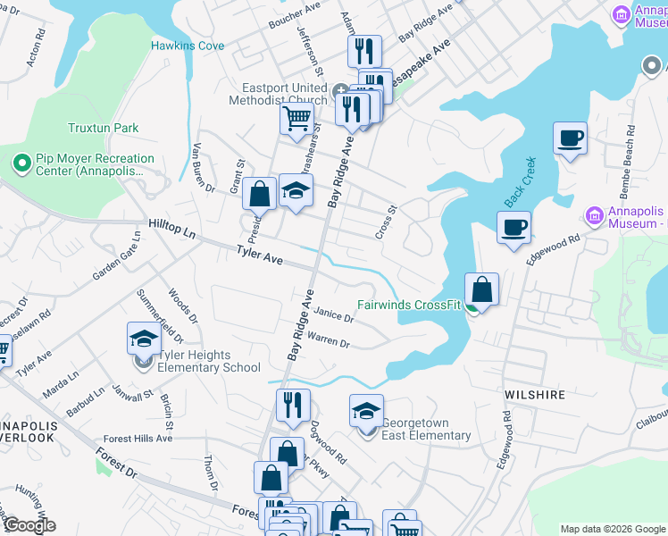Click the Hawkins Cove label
[x=187, y=45]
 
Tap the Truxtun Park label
[x=103, y=128]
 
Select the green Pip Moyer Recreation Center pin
[x=21, y=163]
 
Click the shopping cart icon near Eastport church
[x=296, y=119]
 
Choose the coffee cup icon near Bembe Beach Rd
[x=570, y=139]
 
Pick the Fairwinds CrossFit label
[x=408, y=305]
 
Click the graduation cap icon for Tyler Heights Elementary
[x=144, y=339]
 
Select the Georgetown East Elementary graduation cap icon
[x=365, y=412]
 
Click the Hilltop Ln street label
[x=171, y=230]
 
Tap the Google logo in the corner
[x=29, y=525]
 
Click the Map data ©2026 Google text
[x=612, y=529]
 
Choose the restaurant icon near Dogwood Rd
[x=292, y=406]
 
